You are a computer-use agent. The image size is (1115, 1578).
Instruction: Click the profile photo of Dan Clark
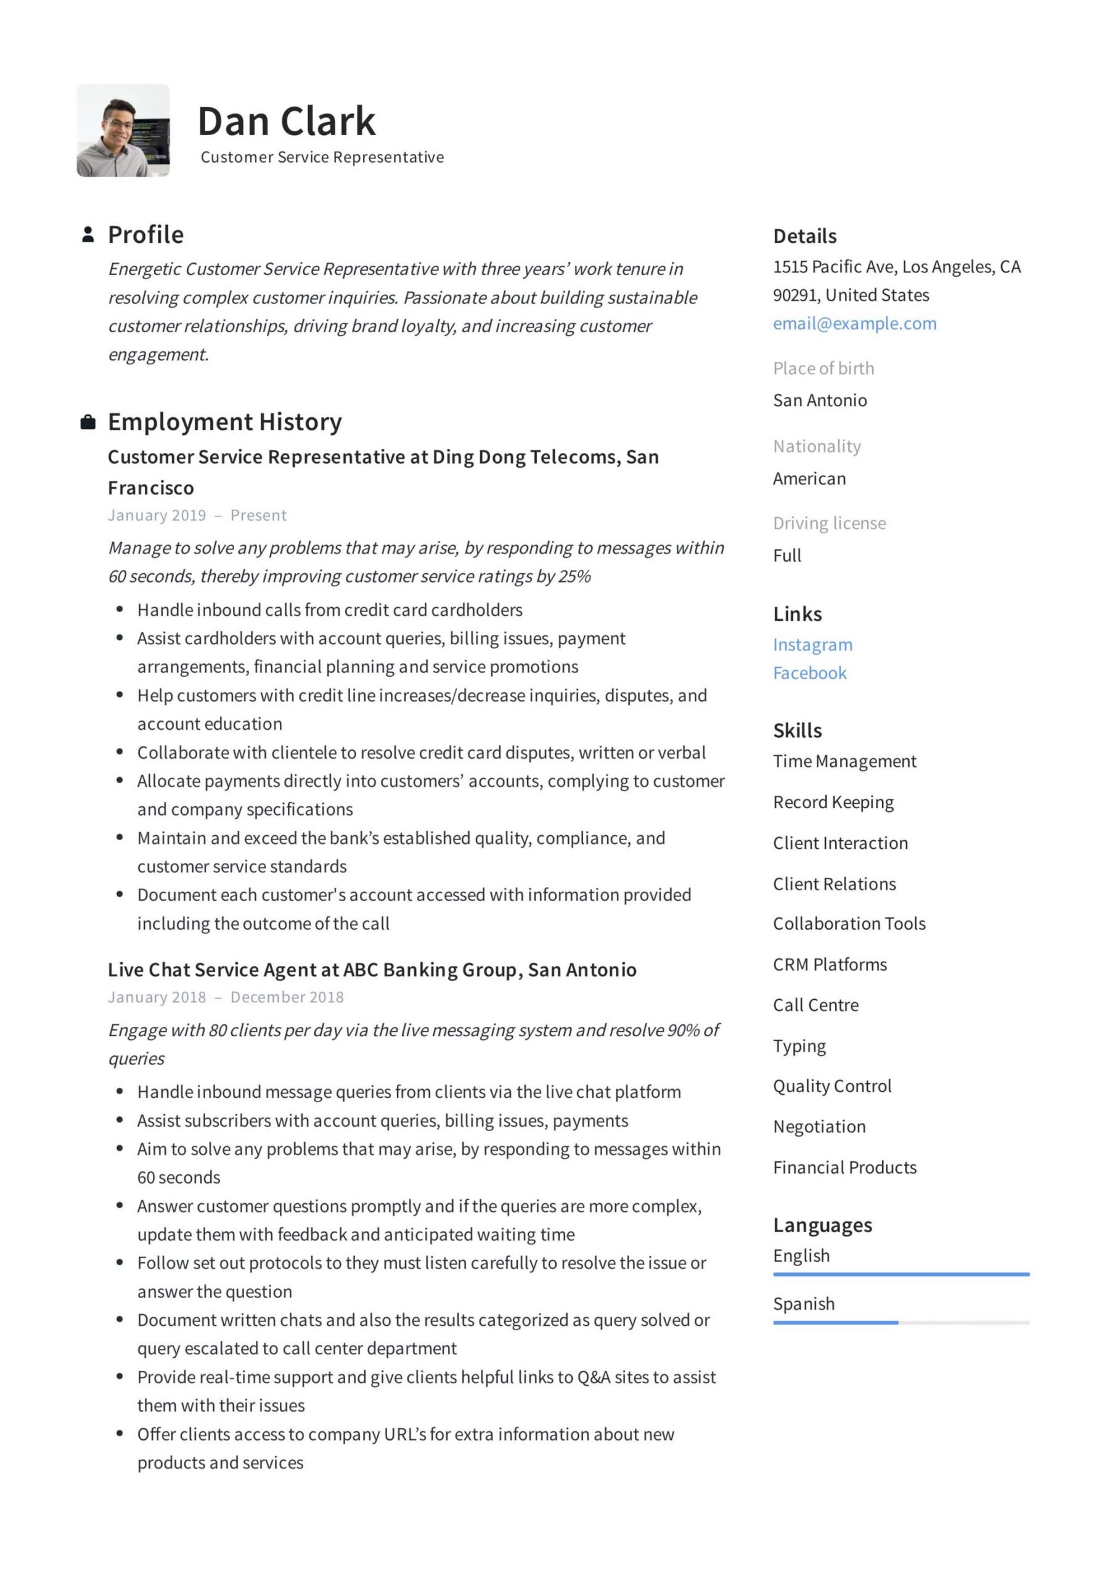(123, 131)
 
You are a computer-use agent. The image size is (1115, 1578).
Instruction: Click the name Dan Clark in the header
(286, 121)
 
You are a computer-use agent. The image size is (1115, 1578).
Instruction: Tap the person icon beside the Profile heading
(88, 234)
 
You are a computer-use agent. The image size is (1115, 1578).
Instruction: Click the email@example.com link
(854, 323)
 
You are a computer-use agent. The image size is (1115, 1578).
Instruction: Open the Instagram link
(812, 644)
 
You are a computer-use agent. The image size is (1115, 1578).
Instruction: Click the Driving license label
(829, 523)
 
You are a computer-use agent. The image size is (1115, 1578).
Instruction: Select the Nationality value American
(809, 478)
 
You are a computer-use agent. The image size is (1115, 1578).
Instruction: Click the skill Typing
(799, 1045)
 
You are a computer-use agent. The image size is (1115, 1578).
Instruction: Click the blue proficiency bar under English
(901, 1274)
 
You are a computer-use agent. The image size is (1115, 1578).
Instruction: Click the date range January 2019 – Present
(197, 515)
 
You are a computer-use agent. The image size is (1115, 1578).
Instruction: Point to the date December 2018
(287, 997)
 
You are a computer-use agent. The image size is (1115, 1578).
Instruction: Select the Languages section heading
(822, 1225)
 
